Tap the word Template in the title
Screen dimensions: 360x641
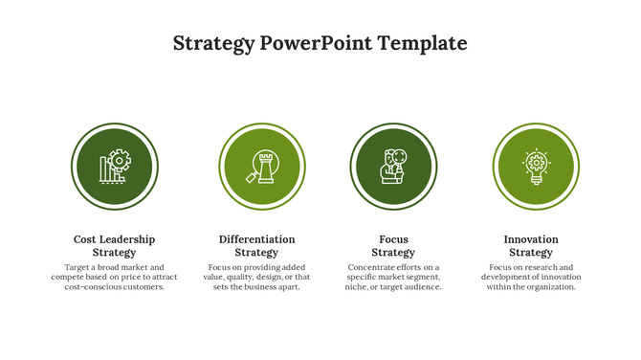(x=422, y=43)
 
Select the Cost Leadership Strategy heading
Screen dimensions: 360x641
(x=114, y=246)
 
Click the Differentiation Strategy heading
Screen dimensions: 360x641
(x=256, y=246)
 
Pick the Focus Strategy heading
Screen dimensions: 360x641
(x=393, y=246)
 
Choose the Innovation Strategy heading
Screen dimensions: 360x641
(x=531, y=246)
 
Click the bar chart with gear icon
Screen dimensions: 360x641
(x=115, y=167)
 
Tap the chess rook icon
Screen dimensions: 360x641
(x=262, y=167)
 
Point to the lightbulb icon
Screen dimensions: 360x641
(x=536, y=167)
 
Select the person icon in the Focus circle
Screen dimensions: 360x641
(x=393, y=167)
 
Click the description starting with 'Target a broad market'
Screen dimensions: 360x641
(x=114, y=278)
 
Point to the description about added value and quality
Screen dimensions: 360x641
(x=256, y=278)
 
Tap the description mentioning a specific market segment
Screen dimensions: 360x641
(x=393, y=278)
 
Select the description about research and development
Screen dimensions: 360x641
(x=531, y=278)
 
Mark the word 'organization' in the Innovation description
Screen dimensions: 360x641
(x=550, y=287)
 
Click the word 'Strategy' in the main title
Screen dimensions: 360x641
(x=213, y=43)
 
